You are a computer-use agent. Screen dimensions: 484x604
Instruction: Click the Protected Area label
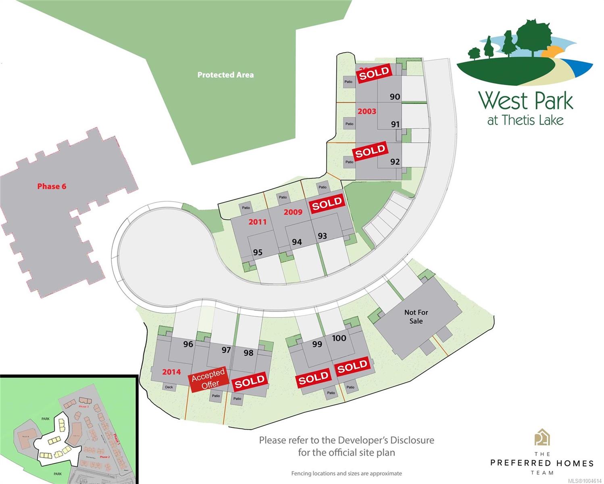[x=225, y=75]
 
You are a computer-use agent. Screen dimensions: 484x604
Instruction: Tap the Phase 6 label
[x=52, y=186]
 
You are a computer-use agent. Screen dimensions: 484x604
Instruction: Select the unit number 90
[x=395, y=97]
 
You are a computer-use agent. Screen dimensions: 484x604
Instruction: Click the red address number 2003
[x=367, y=111]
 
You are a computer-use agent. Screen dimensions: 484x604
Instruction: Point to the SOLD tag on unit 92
[x=370, y=151]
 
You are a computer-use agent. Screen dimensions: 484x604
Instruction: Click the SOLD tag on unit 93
[x=327, y=204]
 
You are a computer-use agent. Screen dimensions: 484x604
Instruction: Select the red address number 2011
[x=257, y=221]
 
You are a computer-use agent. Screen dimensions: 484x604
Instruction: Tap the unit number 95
[x=258, y=252]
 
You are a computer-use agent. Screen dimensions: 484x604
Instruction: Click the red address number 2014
[x=171, y=372]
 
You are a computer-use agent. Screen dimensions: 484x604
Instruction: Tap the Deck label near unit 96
[x=169, y=387]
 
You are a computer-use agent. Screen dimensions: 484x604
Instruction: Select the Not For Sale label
[x=416, y=317]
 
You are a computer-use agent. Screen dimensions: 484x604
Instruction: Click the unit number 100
[x=339, y=338]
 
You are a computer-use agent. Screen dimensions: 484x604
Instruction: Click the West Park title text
[x=526, y=101]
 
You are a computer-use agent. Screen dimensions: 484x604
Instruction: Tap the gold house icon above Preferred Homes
[x=542, y=437]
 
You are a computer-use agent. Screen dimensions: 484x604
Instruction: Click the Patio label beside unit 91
[x=349, y=124]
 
